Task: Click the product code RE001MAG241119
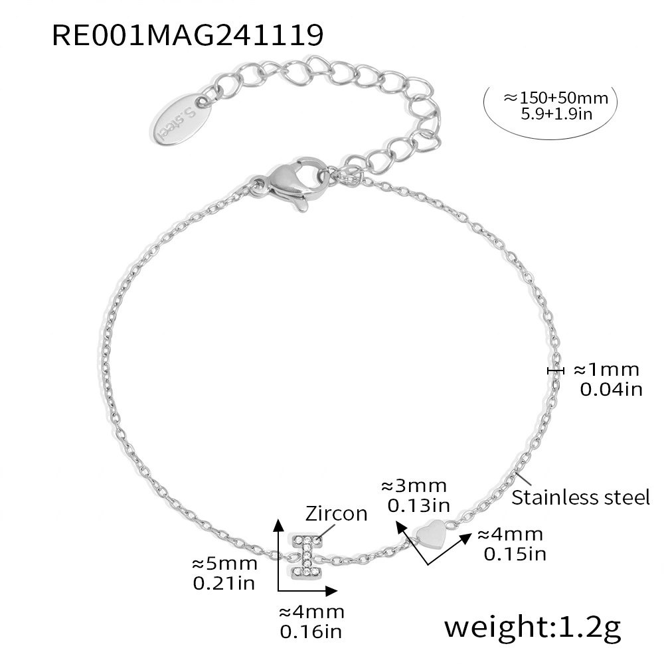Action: tap(188, 35)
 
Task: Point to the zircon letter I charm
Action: tap(305, 555)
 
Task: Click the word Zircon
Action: tap(336, 514)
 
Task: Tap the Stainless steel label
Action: tap(580, 497)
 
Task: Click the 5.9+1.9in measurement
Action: tap(556, 114)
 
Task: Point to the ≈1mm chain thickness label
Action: tap(606, 370)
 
